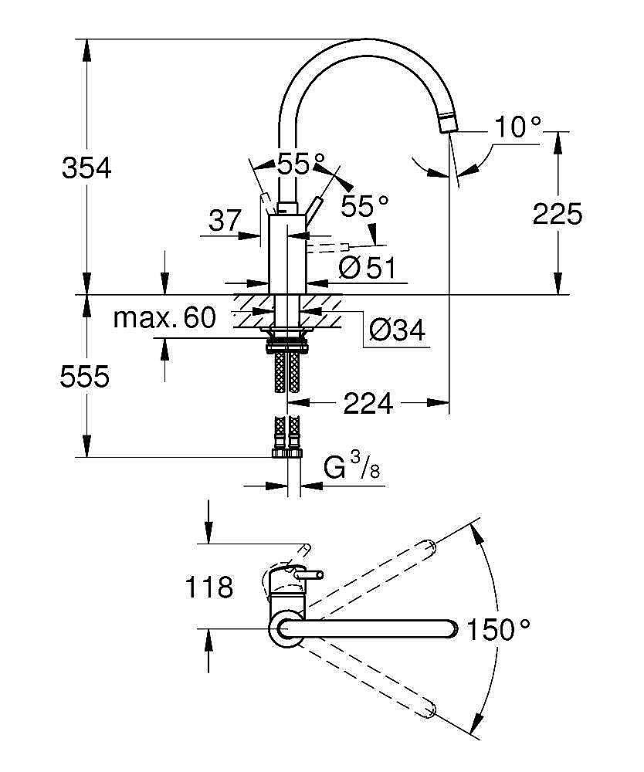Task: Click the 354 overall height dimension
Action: [x=86, y=168]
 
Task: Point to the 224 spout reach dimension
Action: [x=368, y=402]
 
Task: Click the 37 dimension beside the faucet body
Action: [x=225, y=222]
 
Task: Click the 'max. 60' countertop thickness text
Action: [x=164, y=317]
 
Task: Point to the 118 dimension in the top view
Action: [x=208, y=587]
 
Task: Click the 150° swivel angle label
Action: [x=498, y=630]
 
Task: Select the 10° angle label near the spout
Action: [x=518, y=127]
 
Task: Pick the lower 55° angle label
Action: [x=365, y=205]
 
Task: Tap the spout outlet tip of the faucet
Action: [x=447, y=123]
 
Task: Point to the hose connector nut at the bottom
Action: [x=287, y=453]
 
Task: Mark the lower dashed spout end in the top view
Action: [x=429, y=708]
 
